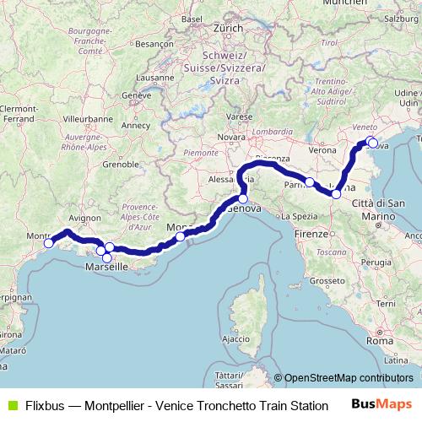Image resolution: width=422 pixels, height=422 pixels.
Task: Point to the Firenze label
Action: [313, 231]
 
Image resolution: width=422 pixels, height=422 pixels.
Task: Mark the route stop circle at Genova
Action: [243, 199]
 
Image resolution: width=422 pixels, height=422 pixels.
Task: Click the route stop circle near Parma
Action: [310, 182]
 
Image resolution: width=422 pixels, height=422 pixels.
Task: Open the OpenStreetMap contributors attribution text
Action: [349, 378]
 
